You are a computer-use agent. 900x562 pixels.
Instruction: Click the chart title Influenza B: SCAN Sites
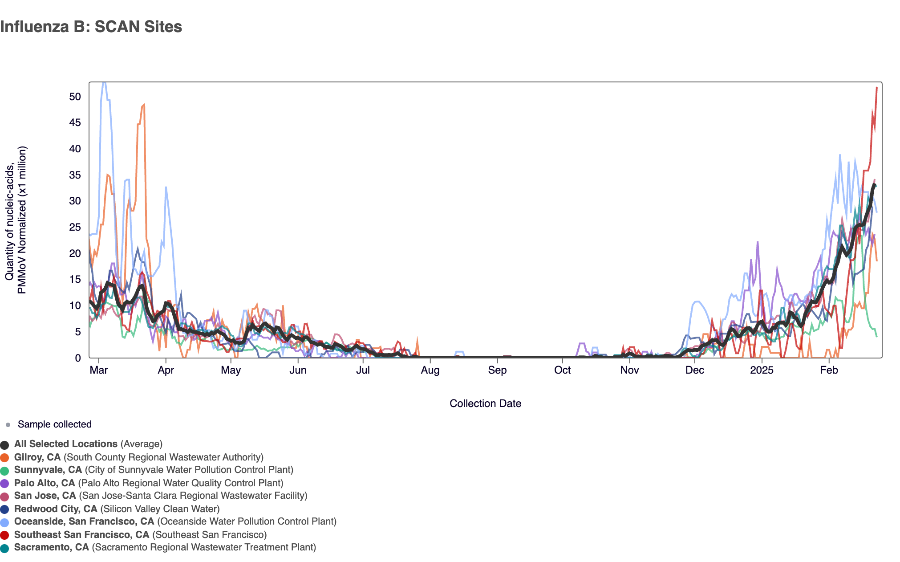91,27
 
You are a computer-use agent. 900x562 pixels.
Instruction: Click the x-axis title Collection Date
485,403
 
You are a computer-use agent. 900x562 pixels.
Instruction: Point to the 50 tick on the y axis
75,97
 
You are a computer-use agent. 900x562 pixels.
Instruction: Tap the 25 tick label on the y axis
75,228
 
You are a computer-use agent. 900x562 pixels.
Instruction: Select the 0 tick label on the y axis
78,358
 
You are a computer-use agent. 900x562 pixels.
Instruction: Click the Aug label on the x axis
430,370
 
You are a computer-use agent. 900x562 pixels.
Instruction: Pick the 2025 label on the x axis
762,370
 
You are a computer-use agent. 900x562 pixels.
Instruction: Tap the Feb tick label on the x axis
829,370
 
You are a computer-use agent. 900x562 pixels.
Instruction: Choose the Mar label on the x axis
99,370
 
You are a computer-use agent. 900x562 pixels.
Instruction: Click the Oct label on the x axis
563,370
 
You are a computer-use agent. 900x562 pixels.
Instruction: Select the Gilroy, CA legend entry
37,457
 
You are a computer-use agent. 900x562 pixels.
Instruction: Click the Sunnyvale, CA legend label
48,470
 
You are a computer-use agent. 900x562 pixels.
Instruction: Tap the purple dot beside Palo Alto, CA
5,484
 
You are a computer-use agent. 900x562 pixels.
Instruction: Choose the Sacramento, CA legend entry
52,547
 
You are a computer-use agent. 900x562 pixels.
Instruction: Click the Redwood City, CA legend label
56,509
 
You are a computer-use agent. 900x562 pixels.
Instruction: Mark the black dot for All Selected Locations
5,444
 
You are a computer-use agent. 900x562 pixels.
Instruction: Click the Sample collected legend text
54,424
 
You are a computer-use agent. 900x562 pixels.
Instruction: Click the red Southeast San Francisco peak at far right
876,88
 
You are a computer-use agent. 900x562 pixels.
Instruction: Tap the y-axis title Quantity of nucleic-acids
10,220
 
